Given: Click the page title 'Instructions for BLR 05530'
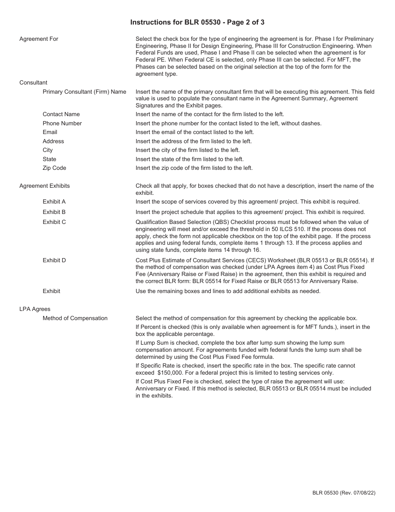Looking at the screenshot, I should (x=197, y=22).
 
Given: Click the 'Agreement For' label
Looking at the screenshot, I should (x=39, y=39).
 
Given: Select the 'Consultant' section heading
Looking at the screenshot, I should (x=33, y=82).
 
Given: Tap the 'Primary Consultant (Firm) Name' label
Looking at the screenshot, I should (x=84, y=92).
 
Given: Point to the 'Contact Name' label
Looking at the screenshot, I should (x=61, y=114).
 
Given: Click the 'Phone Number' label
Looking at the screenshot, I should (x=62, y=123).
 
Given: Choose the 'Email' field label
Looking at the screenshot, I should (x=50, y=132).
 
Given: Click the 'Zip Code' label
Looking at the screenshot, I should (x=54, y=168).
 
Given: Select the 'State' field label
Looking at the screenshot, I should (x=49, y=159).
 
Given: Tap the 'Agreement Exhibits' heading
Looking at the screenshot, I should (x=44, y=186).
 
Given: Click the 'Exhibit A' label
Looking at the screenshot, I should (x=54, y=201).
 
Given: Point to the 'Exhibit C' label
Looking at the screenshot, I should (x=54, y=222).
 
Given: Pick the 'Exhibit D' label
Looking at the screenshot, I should (x=54, y=260).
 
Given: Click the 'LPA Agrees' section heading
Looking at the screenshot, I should (x=35, y=309).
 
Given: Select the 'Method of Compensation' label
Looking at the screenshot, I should (x=75, y=318).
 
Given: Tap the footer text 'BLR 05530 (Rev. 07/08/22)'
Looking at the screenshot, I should (x=344, y=493).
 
